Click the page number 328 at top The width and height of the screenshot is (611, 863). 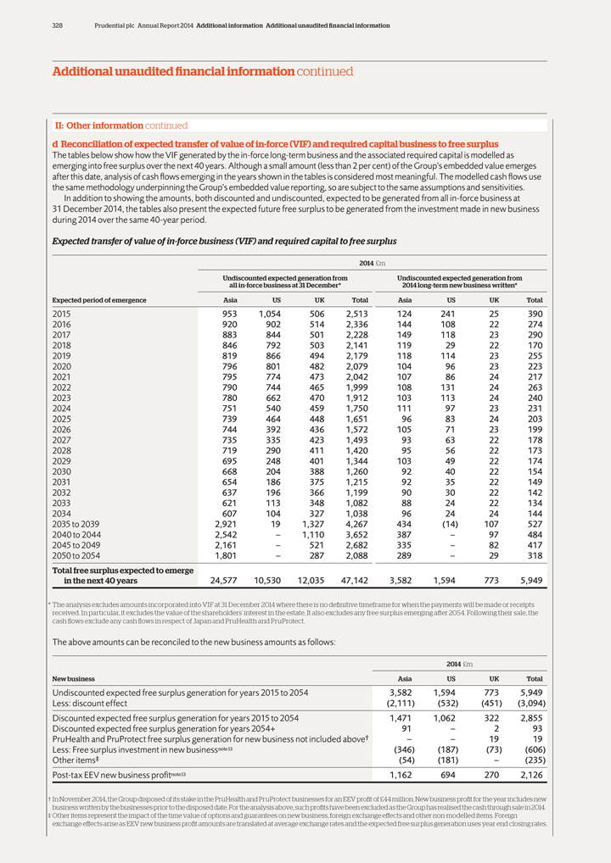[57, 25]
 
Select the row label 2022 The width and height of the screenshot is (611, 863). [63, 387]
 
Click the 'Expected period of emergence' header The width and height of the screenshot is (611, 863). [87, 300]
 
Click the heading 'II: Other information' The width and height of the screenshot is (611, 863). [92, 125]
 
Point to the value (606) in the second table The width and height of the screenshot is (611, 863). [535, 748]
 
